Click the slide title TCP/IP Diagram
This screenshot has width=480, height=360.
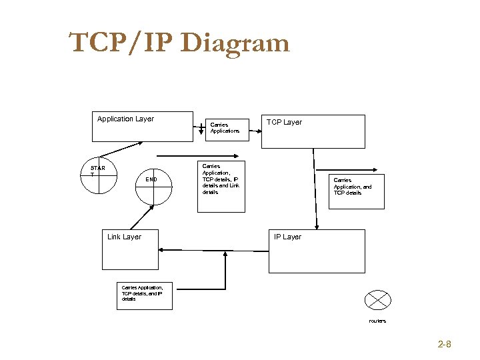click(x=179, y=43)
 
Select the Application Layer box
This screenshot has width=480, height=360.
click(x=142, y=127)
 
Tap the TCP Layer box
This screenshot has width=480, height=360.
click(x=316, y=131)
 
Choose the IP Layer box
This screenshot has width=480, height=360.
click(x=317, y=251)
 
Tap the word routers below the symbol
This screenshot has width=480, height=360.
click(x=377, y=321)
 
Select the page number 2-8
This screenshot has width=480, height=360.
click(x=445, y=345)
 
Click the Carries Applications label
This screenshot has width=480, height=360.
click(x=225, y=127)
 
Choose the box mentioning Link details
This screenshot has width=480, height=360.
click(x=221, y=186)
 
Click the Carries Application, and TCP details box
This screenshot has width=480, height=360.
click(x=356, y=190)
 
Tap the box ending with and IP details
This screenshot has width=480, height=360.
click(x=143, y=293)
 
